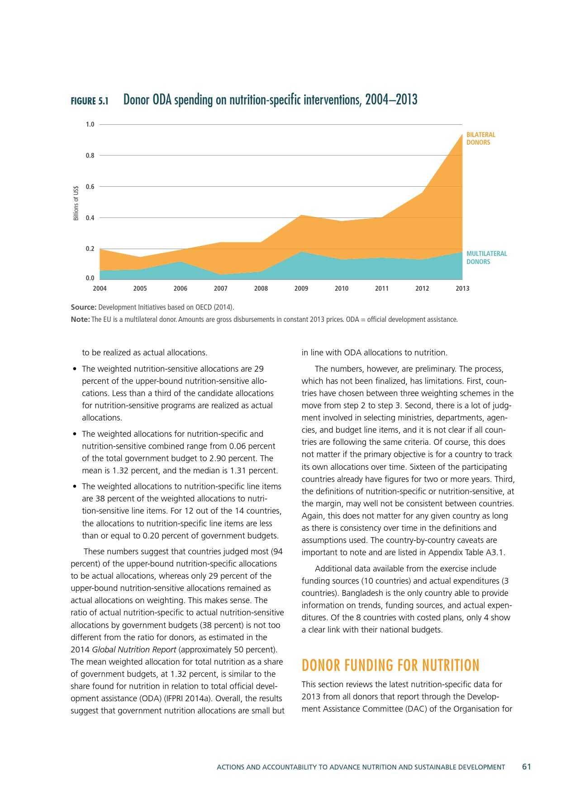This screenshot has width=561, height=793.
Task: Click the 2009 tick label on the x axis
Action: click(301, 288)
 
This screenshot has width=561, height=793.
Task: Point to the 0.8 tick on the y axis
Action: click(90, 156)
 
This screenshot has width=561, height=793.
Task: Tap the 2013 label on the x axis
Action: click(462, 288)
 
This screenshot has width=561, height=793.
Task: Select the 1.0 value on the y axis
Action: click(90, 124)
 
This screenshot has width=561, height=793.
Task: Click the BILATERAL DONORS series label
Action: click(481, 138)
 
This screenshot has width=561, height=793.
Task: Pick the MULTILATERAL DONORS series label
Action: click(487, 258)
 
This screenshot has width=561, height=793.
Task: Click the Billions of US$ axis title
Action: click(76, 203)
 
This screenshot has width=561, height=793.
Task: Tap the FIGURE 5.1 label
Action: click(90, 101)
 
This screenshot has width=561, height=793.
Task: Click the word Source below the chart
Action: click(83, 307)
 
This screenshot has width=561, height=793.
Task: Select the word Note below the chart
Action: click(80, 320)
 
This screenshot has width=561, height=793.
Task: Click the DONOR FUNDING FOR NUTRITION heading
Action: click(390, 666)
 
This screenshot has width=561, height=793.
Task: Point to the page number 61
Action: click(527, 767)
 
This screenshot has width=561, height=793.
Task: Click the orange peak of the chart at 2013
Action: click(462, 134)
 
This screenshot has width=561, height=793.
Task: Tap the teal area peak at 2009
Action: click(301, 252)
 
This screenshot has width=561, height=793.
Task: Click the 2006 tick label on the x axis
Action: click(181, 288)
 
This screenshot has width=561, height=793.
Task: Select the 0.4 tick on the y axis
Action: click(90, 218)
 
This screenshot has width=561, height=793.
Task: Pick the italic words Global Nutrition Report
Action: click(134, 650)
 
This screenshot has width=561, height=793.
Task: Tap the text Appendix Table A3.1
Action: click(467, 552)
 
